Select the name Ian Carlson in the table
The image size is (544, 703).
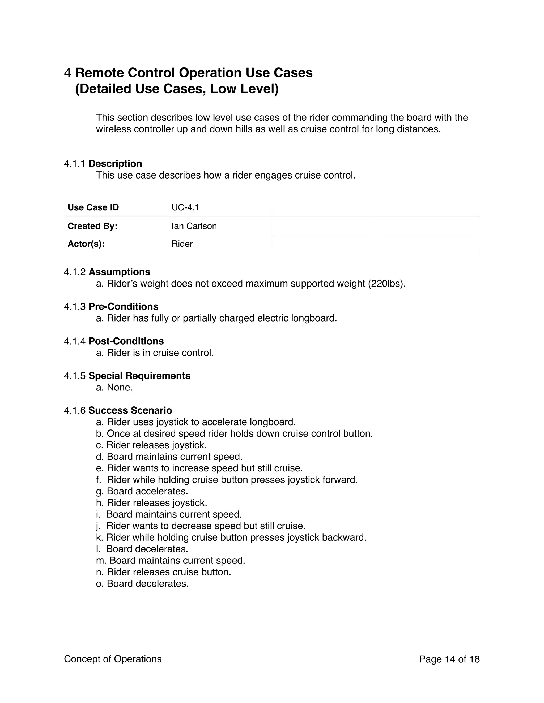coord(194,226)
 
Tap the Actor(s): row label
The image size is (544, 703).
coord(86,244)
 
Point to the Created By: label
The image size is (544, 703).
coord(92,226)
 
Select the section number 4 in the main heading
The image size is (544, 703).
coord(67,73)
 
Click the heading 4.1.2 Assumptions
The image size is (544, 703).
coord(107,272)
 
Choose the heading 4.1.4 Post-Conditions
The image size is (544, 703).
coord(114,341)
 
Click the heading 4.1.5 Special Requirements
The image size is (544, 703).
coord(127,376)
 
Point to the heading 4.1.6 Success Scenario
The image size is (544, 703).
coord(118,410)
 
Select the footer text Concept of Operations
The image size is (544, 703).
coord(113,659)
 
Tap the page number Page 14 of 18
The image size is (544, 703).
coord(449,659)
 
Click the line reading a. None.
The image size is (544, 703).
coord(114,387)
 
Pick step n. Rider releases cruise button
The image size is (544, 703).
coord(163,572)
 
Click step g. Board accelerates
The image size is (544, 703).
coord(142,491)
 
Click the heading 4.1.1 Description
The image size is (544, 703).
coord(103,163)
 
